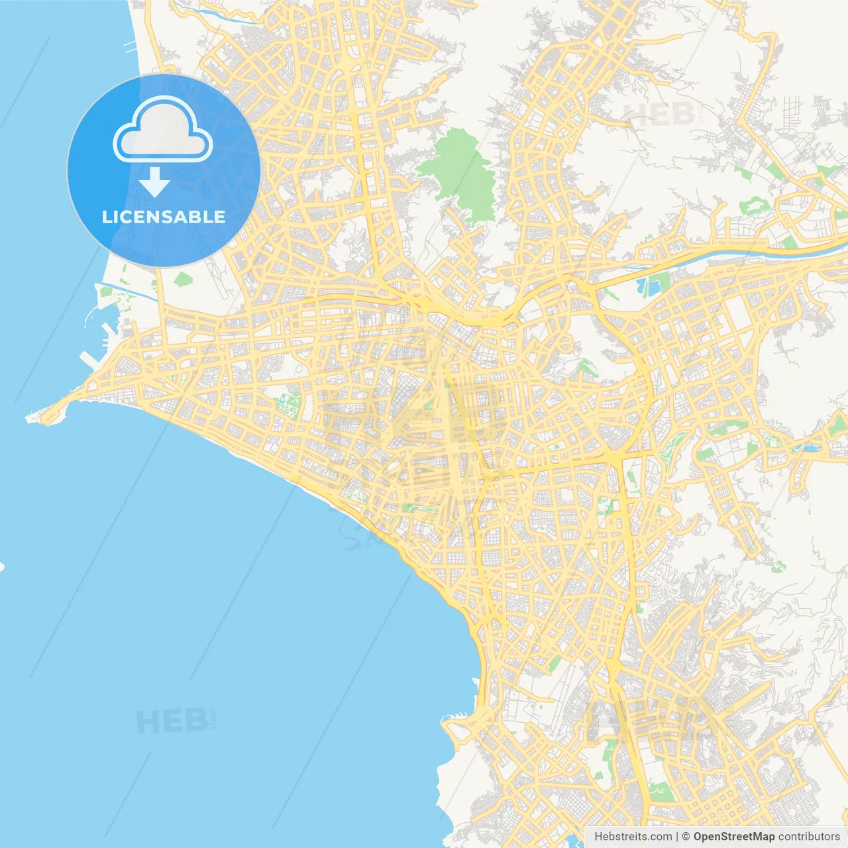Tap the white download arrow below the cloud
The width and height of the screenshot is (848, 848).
154,182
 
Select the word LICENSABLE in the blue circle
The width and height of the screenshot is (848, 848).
164,217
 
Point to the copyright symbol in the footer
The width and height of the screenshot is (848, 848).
686,837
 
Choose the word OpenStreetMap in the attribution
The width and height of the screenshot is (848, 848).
734,837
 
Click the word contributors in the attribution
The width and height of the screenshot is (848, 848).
809,837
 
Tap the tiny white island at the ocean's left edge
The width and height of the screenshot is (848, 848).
2,567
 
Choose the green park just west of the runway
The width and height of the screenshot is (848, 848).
182,279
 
